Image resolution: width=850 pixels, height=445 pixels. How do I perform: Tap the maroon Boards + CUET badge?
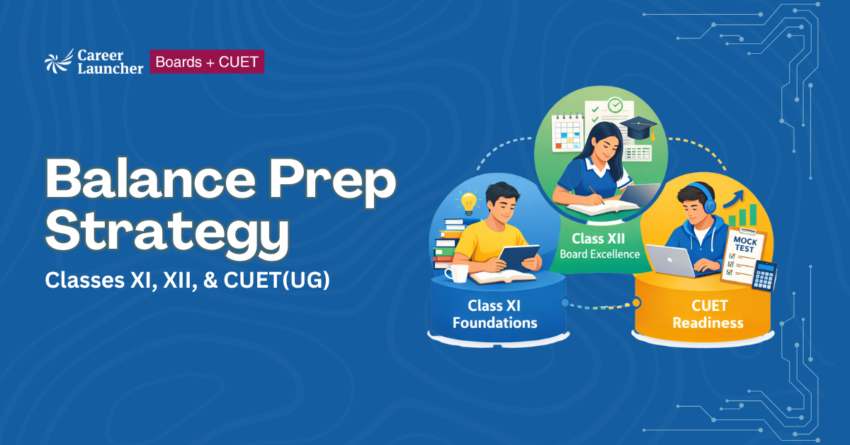click(207, 62)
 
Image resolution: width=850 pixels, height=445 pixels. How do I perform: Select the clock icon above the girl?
click(616, 106)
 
